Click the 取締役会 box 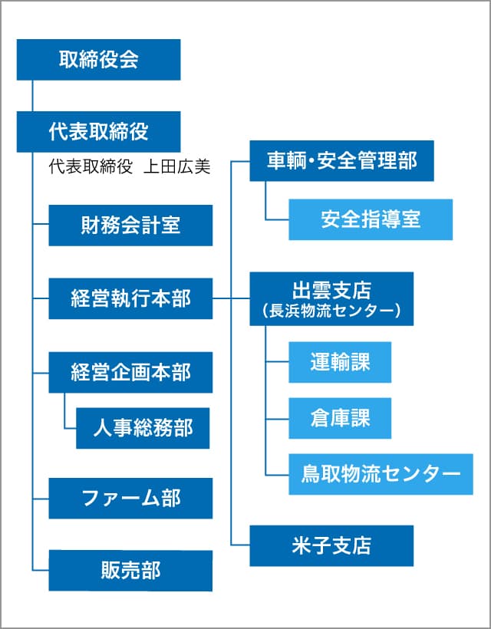tap(98, 60)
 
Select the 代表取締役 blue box tap(98, 131)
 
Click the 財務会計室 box tap(130, 225)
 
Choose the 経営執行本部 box tap(130, 298)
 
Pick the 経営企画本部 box tap(130, 372)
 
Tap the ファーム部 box tap(130, 498)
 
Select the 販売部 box tap(130, 570)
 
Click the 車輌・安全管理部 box tap(341, 161)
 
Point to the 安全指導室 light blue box tap(371, 219)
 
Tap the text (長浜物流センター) tap(331, 311)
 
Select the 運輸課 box tap(340, 362)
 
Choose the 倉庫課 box tap(340, 418)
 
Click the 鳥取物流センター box tap(381, 474)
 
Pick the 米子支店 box tap(331, 545)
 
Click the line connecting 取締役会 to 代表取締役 tap(32, 96)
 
